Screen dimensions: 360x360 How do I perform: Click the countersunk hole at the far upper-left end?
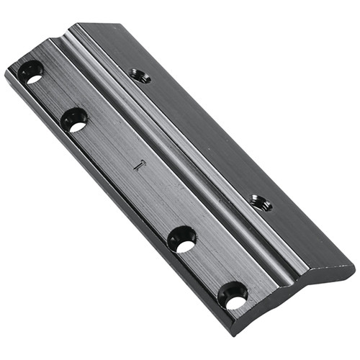31,71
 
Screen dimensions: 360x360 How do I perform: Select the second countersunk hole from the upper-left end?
74,119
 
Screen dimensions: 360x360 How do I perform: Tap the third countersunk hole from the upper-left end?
182,239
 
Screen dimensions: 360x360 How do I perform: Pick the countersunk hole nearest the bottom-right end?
233,294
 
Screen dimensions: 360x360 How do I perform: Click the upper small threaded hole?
141,75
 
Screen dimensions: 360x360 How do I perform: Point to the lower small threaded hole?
261,203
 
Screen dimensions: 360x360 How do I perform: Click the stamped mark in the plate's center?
141,164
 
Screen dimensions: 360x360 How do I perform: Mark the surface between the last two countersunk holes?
209,266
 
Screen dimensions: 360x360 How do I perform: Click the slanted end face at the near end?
302,295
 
